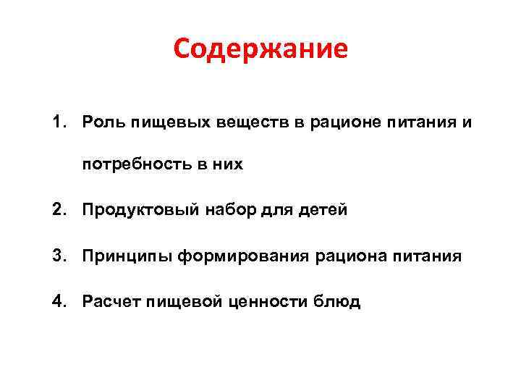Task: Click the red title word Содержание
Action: pos(260,49)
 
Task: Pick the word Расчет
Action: pos(110,301)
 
